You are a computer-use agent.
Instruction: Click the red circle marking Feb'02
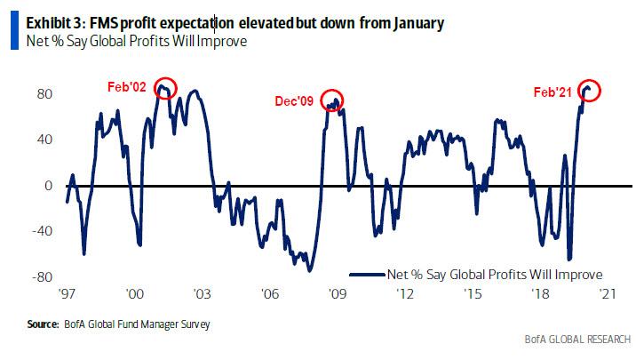[165, 88]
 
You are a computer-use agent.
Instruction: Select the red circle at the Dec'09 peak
[332, 101]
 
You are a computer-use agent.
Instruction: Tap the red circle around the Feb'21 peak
[590, 90]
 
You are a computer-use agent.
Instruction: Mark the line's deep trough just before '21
[568, 259]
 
